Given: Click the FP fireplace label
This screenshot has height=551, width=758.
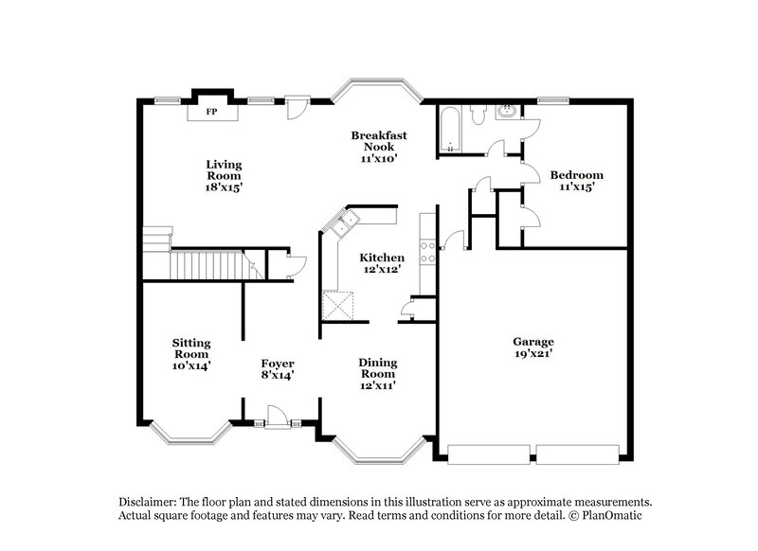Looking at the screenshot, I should click(x=212, y=113).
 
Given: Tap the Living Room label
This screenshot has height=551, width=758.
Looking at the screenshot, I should click(x=224, y=176).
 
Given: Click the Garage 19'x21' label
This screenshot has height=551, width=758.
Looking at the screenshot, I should click(x=534, y=347).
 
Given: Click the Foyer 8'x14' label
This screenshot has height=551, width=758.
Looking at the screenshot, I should click(x=279, y=369).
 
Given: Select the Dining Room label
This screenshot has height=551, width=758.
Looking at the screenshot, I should click(x=377, y=373).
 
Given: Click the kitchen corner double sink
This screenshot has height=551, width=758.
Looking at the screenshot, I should click(x=342, y=224).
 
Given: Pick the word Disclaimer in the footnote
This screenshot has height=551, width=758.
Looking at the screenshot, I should click(x=153, y=501).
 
